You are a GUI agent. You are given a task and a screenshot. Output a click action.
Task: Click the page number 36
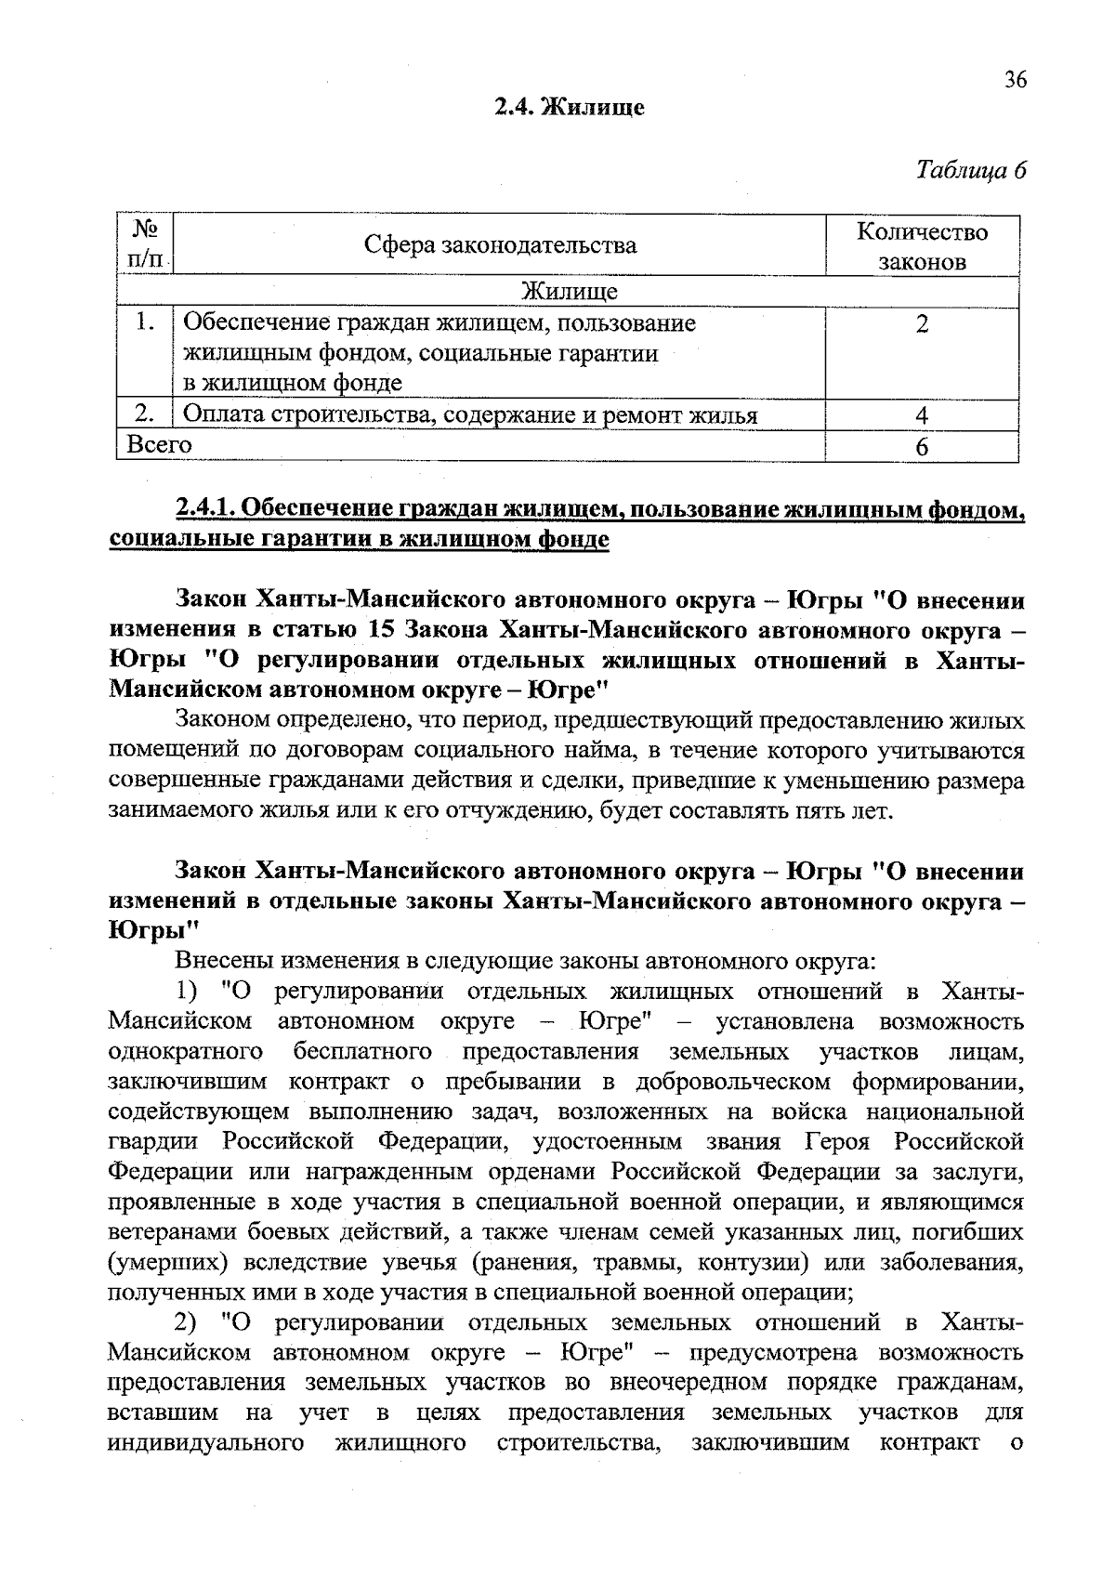coord(1016,81)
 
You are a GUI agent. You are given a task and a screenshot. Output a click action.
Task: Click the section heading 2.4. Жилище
coord(569,108)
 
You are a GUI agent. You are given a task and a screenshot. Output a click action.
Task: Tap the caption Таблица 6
coord(970,170)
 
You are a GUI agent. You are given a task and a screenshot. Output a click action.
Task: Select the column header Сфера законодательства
coord(500,245)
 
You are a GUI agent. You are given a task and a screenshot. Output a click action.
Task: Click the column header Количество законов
coord(922,246)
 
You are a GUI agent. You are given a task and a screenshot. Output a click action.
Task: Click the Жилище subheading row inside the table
coord(568,292)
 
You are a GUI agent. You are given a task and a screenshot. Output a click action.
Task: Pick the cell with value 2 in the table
coord(921,324)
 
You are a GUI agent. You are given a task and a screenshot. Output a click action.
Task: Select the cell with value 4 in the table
coord(921,415)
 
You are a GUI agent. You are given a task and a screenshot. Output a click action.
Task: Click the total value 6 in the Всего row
coord(921,447)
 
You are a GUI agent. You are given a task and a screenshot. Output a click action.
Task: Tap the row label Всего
coord(159,445)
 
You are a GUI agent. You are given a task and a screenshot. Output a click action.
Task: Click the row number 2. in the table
coord(144,414)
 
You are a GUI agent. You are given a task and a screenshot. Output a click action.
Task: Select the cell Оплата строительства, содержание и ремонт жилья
coord(469,415)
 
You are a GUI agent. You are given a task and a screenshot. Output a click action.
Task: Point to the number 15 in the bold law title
coord(383,629)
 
